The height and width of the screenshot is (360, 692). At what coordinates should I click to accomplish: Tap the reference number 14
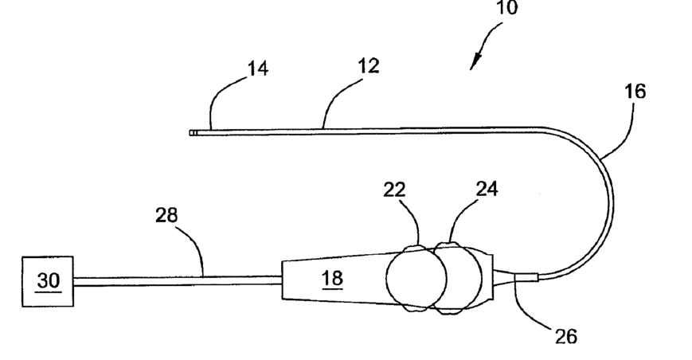pyautogui.click(x=256, y=68)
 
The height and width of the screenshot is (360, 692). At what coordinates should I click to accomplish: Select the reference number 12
pyautogui.click(x=367, y=65)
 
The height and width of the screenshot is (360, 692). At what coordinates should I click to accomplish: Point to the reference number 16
pyautogui.click(x=635, y=91)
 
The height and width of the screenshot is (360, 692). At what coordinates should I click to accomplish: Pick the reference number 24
pyautogui.click(x=487, y=190)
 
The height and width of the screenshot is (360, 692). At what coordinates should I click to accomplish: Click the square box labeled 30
pyautogui.click(x=46, y=280)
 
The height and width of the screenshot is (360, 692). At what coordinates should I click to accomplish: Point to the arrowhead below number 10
pyautogui.click(x=476, y=63)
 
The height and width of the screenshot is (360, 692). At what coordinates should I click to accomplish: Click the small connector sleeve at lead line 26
pyautogui.click(x=526, y=277)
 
